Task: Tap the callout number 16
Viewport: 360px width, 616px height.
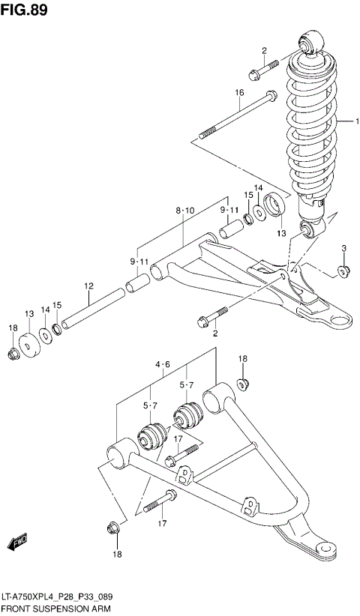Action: (x=240, y=93)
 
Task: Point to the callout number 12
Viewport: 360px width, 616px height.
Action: (x=88, y=286)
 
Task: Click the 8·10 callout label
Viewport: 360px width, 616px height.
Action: (x=184, y=212)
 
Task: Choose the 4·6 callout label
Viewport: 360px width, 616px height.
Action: (x=163, y=365)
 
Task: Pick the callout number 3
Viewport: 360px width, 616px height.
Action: (x=343, y=249)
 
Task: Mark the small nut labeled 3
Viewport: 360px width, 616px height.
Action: (x=342, y=271)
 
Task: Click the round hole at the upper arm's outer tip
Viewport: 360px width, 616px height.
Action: (x=340, y=321)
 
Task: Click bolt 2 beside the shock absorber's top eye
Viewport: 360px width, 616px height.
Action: (x=264, y=70)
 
